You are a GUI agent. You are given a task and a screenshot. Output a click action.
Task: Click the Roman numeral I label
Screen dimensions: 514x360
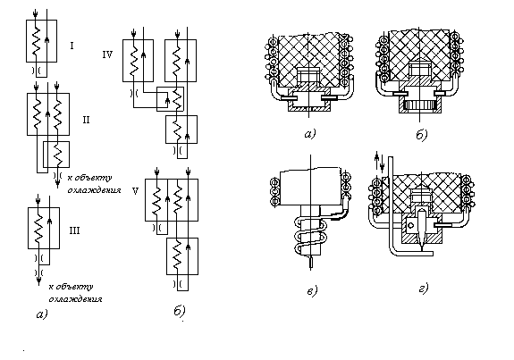tap(72, 46)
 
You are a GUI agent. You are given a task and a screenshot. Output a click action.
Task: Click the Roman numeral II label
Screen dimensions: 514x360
tap(86, 120)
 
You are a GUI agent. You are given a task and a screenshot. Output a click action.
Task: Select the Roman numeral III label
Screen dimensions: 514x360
tap(74, 230)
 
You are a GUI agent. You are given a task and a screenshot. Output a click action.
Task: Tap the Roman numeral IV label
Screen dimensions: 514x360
tap(107, 54)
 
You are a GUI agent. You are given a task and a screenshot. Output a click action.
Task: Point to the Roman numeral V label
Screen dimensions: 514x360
tap(135, 190)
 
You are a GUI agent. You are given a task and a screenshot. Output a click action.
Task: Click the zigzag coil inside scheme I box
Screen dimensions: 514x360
tap(36, 40)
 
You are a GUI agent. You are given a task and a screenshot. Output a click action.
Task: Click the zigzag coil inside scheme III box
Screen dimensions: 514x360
tap(38, 229)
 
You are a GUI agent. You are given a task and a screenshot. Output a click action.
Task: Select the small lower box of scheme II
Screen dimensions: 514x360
tap(56, 155)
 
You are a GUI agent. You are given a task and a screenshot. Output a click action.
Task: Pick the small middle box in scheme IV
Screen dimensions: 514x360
tap(170, 99)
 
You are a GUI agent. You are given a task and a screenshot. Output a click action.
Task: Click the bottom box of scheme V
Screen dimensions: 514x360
tap(182, 256)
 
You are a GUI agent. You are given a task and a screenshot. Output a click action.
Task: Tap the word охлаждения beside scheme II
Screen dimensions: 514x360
tap(94, 190)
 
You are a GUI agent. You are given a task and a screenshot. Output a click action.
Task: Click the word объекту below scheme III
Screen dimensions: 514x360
tap(75, 287)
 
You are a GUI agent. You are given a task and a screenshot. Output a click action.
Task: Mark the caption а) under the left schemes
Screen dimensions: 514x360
tap(42, 314)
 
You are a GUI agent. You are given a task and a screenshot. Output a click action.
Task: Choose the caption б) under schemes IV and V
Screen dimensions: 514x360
tap(180, 311)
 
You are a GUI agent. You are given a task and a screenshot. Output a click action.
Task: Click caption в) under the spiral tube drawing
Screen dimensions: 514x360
tap(312, 290)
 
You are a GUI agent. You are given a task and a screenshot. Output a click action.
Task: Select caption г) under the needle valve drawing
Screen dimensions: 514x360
tap(424, 289)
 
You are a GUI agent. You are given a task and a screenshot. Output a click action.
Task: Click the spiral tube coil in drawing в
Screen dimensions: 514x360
tap(309, 236)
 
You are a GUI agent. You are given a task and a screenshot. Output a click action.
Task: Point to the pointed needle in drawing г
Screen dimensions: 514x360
tap(421, 227)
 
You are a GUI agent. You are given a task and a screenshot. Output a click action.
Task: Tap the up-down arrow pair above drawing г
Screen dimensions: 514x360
tap(379, 162)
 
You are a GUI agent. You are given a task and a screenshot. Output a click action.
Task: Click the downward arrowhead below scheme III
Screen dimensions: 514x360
tap(39, 280)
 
